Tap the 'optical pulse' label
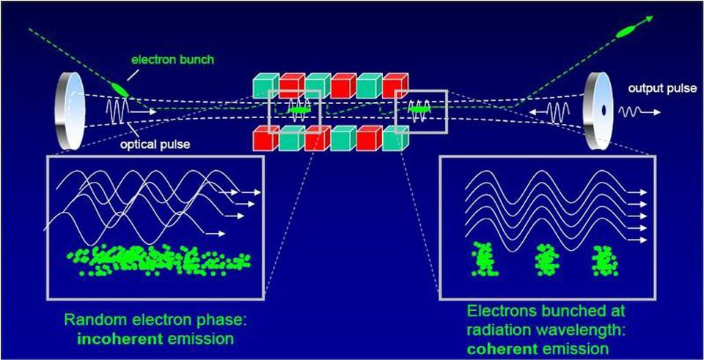pyautogui.click(x=155, y=144)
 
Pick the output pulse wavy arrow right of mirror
pyautogui.click(x=638, y=112)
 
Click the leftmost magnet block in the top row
pyautogui.click(x=265, y=87)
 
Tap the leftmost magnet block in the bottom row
pyautogui.click(x=265, y=139)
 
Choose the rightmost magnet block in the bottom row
pyautogui.click(x=395, y=139)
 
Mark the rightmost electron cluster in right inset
pyautogui.click(x=604, y=261)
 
